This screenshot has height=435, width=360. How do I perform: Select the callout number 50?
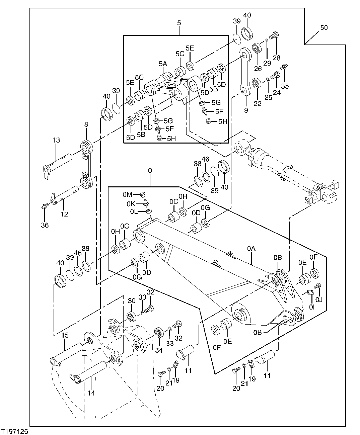click(x=324, y=27)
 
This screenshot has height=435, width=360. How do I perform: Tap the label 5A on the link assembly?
click(x=163, y=63)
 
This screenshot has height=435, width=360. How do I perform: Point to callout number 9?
click(x=246, y=109)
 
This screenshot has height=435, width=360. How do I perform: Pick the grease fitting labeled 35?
click(x=285, y=67)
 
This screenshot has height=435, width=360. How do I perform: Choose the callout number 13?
click(x=56, y=140)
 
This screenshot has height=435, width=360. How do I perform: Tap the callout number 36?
click(x=45, y=225)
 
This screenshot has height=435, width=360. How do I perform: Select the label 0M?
click(x=128, y=194)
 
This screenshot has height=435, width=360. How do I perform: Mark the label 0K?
click(x=131, y=203)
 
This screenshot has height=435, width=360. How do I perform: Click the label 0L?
click(x=134, y=211)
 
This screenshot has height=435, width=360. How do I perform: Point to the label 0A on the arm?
click(x=251, y=248)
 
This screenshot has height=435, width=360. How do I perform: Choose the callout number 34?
click(x=158, y=350)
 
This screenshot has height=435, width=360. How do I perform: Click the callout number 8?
click(x=86, y=124)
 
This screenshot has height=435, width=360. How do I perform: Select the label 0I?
click(x=311, y=306)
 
